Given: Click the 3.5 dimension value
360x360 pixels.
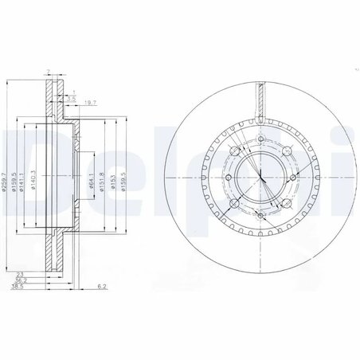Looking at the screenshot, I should tap(73, 96).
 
